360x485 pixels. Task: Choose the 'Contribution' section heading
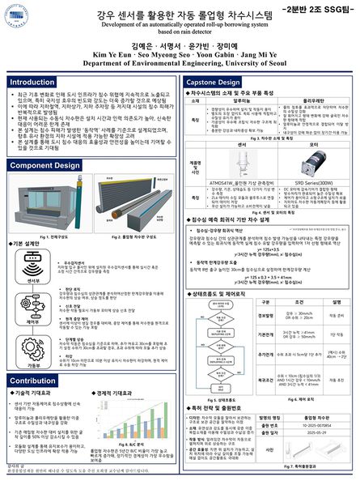[34, 381]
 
